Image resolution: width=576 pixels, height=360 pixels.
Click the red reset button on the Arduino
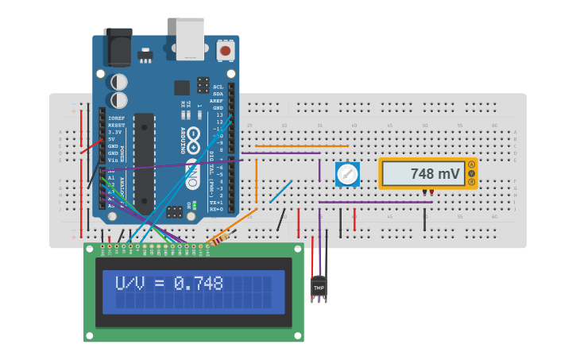click(226, 51)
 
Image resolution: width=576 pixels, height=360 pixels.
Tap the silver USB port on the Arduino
click(190, 39)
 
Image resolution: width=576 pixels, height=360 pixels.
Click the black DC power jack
click(118, 47)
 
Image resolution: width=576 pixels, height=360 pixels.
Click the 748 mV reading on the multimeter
click(435, 173)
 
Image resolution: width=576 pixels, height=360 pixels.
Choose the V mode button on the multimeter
click(471, 173)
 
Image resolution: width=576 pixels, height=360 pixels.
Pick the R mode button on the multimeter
click(471, 182)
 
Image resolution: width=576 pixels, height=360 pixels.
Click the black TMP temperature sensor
click(319, 287)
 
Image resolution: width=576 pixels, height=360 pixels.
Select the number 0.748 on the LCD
click(199, 284)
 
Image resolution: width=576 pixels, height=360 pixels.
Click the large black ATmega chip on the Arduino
click(144, 162)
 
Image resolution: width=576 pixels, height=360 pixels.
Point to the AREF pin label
click(217, 101)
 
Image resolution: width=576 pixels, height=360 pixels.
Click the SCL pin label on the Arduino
click(218, 87)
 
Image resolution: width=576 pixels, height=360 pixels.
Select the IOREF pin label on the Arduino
click(116, 118)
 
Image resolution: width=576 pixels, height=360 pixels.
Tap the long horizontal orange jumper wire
click(302, 146)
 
